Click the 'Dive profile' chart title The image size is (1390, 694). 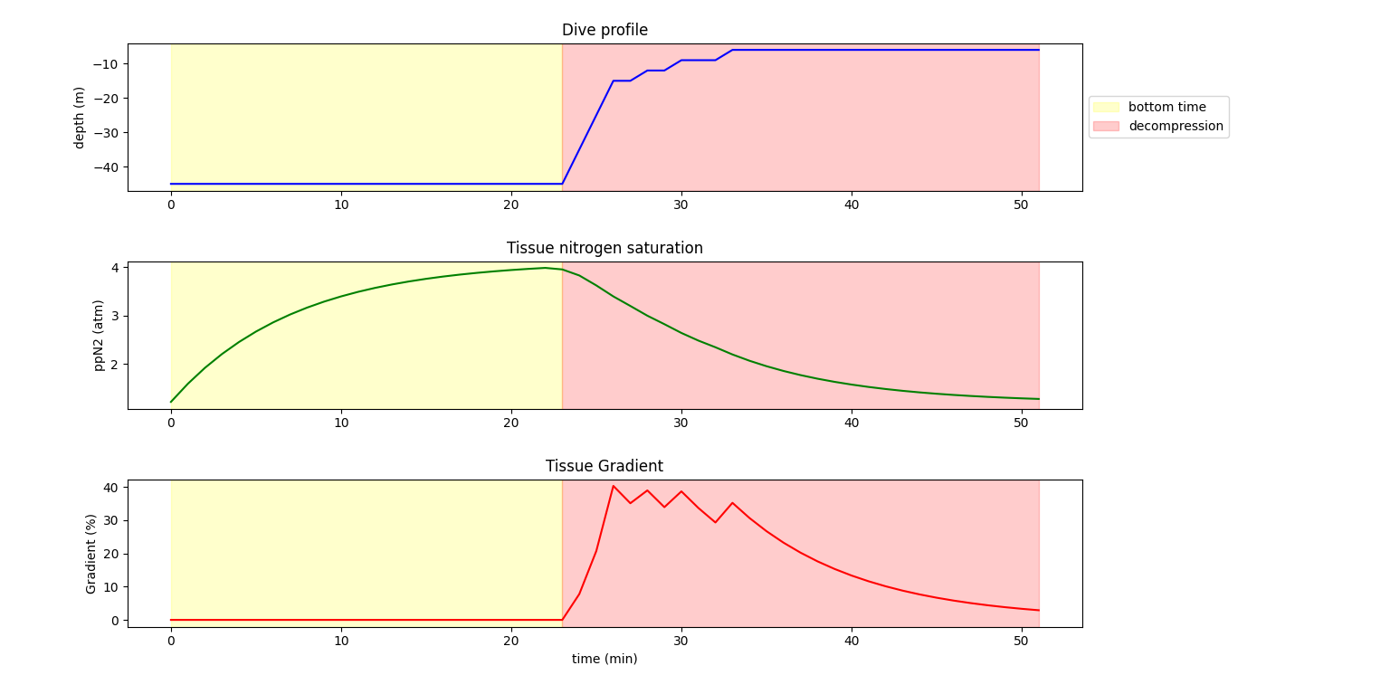coord(605,30)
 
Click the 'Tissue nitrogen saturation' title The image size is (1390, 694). coord(605,248)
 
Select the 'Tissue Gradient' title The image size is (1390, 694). coord(605,466)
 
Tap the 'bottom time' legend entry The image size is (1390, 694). coord(1166,107)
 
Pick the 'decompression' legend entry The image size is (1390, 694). coord(1176,126)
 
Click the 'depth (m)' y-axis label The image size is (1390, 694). coord(80,118)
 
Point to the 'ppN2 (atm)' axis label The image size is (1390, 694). coord(99,335)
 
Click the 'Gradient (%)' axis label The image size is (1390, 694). coord(91,554)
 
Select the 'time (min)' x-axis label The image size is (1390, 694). coord(605,659)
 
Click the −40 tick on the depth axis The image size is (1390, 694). coord(107,166)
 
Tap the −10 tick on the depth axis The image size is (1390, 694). coord(107,63)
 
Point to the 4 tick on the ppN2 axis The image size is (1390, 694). coord(115,268)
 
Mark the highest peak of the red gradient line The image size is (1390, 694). coord(613,486)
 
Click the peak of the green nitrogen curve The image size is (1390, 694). coord(545,267)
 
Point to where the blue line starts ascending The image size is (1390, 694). coord(562,184)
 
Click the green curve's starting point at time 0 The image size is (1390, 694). coord(171,402)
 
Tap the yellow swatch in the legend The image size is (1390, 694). coord(1106,107)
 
